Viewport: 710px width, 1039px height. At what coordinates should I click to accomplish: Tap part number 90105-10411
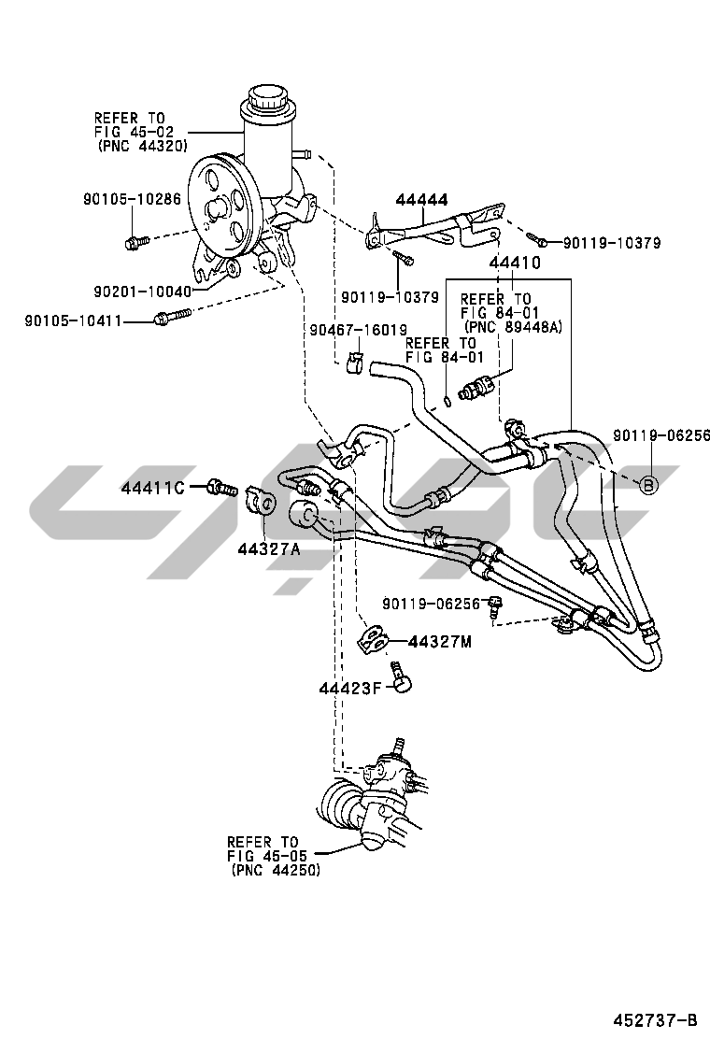pyautogui.click(x=74, y=320)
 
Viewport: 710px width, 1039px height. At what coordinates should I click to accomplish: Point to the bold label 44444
pyautogui.click(x=421, y=199)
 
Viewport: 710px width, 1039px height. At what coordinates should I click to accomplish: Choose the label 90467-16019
pyautogui.click(x=359, y=329)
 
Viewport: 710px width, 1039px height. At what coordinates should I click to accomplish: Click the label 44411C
pyautogui.click(x=153, y=487)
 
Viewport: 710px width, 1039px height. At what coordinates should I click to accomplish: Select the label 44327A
pyautogui.click(x=268, y=548)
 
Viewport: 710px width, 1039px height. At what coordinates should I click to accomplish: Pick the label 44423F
pyautogui.click(x=350, y=689)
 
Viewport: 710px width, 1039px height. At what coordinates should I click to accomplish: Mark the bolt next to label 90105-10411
pyautogui.click(x=166, y=320)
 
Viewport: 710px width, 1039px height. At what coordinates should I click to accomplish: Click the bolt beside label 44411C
pyautogui.click(x=220, y=487)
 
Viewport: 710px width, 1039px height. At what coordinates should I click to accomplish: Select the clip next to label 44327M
pyautogui.click(x=373, y=641)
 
